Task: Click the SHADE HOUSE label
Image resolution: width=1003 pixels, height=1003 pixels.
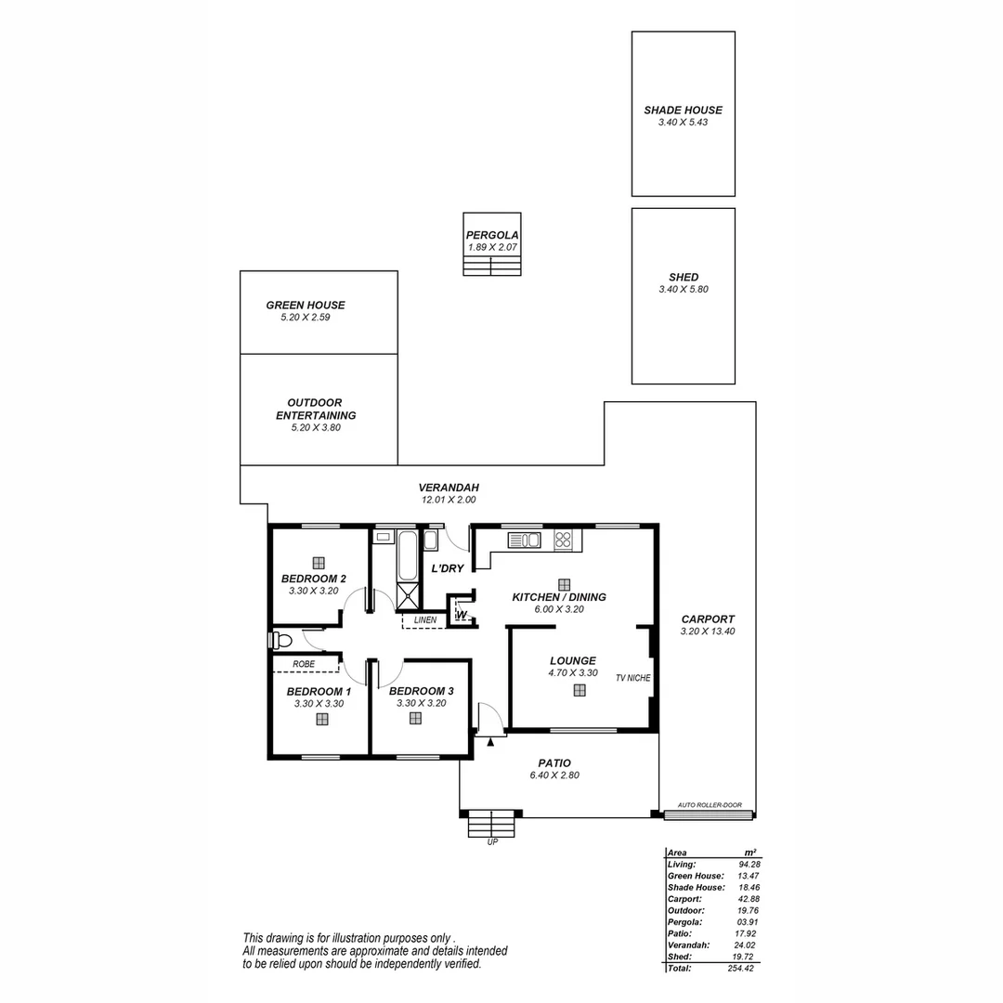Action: (683, 110)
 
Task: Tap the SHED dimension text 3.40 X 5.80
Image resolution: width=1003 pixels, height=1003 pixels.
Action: (683, 290)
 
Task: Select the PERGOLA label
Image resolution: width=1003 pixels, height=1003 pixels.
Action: (492, 235)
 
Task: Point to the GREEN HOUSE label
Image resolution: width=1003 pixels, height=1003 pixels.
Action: (305, 305)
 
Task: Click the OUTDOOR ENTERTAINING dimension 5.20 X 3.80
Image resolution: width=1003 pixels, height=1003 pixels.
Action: (316, 428)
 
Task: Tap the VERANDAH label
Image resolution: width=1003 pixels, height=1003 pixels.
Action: (448, 487)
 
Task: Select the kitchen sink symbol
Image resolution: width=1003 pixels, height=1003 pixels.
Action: (525, 540)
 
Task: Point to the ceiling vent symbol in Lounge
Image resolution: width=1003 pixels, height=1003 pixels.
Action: (580, 690)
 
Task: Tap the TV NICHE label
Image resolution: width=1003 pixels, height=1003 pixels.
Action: (632, 678)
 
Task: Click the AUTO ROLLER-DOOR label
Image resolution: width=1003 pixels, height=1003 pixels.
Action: (710, 805)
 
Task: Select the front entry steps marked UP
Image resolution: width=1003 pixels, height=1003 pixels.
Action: (490, 824)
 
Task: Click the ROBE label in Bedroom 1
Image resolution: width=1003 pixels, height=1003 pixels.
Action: (303, 664)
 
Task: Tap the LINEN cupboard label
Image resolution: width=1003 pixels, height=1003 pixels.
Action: (425, 619)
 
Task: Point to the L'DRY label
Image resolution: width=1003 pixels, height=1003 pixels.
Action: (447, 568)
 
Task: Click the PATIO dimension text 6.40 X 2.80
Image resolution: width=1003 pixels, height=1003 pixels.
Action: (554, 775)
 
